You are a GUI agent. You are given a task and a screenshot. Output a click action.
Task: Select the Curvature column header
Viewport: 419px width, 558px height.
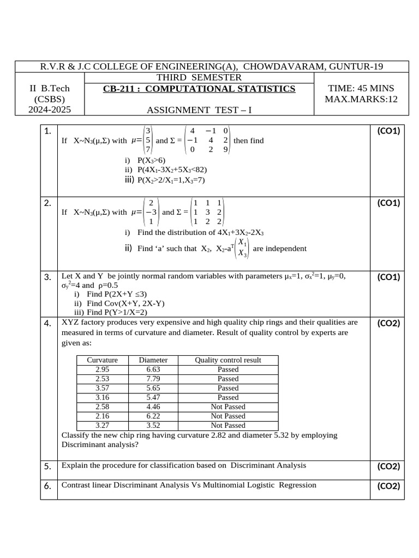(x=102, y=360)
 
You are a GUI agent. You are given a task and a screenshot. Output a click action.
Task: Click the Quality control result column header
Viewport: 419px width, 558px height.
(x=228, y=360)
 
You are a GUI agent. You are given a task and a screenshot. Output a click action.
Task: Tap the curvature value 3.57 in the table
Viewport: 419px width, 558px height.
(x=102, y=388)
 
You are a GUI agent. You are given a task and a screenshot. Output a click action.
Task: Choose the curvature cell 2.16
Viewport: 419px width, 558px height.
(x=102, y=416)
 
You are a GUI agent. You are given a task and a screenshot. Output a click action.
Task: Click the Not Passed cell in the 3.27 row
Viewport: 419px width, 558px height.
(x=228, y=425)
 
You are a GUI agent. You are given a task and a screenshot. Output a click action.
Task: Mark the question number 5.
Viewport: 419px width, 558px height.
(x=48, y=466)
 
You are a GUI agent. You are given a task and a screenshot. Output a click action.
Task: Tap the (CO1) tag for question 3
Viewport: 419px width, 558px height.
(x=388, y=277)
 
